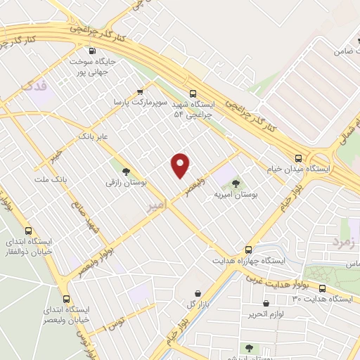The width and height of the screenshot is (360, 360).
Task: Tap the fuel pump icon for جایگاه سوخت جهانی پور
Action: pos(93,51)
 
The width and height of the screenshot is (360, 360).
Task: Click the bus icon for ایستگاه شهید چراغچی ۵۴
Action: pos(193,93)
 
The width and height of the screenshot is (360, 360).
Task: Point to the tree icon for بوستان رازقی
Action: pos(126,171)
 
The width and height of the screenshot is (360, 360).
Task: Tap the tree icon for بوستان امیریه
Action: pos(235,184)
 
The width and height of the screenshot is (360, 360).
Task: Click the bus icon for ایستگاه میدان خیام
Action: pos(299,158)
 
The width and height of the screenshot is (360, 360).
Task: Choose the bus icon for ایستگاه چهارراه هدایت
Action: pos(247,250)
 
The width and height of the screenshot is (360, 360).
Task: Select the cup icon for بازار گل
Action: pos(198,292)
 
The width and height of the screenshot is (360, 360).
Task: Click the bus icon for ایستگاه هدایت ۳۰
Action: pos(323,288)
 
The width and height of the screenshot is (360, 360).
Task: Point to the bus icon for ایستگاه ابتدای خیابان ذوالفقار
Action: pos(28,230)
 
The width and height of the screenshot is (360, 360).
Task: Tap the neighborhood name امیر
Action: pos(157,205)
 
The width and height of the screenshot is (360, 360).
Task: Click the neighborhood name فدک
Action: pos(32,86)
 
